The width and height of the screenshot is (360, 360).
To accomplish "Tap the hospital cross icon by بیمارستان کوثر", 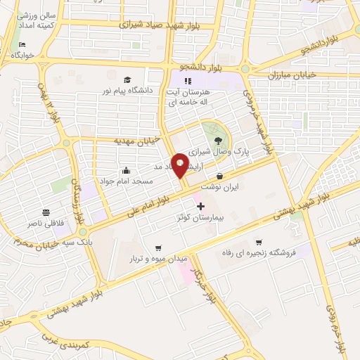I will pyautogui.click(x=202, y=207).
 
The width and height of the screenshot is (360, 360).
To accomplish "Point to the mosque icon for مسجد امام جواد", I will pyautogui.click(x=126, y=170).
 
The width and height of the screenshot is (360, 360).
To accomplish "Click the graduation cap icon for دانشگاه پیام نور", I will pyautogui.click(x=127, y=79).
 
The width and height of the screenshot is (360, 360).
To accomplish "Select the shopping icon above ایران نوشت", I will pyautogui.click(x=220, y=176).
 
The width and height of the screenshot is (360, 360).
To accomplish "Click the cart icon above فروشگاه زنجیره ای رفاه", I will pyautogui.click(x=259, y=241).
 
